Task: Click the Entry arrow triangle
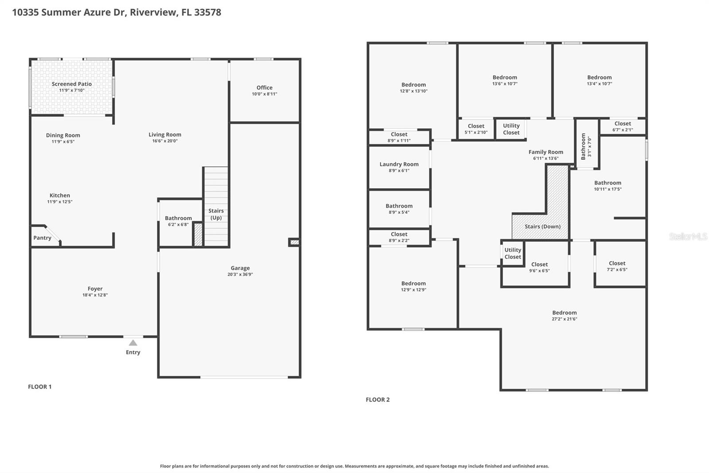point(133,343)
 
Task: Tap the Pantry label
point(42,238)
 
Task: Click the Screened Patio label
point(71,84)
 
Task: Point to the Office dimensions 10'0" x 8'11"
point(265,94)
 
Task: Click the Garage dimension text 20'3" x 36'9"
point(240,274)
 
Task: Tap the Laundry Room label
point(399,164)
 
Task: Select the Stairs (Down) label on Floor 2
point(542,226)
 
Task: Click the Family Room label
point(545,152)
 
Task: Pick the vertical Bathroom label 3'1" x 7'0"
point(586,146)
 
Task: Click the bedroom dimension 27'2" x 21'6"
point(564,319)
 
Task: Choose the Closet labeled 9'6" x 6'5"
point(539,267)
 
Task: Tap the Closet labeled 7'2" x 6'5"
point(617,266)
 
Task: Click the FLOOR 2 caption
point(378,399)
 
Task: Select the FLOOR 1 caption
point(39,386)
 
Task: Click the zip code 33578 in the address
point(207,12)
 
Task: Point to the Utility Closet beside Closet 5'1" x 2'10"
point(511,129)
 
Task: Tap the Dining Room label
point(63,135)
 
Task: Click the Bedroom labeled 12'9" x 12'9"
point(413,286)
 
